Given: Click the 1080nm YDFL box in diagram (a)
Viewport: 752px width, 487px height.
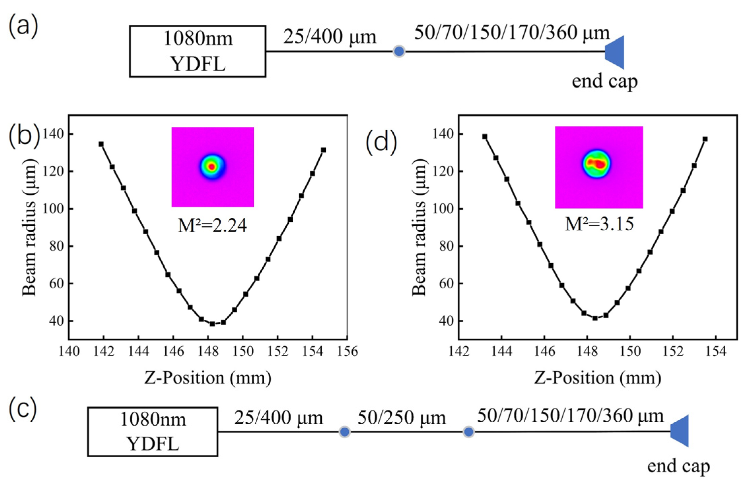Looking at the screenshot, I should (197, 51).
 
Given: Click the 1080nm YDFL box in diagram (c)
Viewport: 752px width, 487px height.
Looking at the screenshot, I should (152, 432).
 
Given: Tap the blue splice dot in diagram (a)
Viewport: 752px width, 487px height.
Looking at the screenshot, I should (399, 51).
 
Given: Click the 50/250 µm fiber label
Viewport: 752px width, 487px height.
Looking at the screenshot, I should (401, 418).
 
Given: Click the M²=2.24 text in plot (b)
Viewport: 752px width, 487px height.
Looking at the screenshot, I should (212, 226).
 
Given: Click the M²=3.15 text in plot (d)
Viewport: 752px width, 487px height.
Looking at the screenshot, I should (599, 224).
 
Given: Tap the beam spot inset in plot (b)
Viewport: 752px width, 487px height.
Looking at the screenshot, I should (213, 167).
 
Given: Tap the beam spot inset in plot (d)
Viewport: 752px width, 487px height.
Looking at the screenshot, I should (598, 167).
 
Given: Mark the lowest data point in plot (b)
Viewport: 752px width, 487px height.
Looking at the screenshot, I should (212, 324).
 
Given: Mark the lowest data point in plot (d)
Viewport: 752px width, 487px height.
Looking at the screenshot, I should (595, 318).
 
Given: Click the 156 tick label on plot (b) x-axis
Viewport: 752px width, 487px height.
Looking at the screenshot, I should (347, 352).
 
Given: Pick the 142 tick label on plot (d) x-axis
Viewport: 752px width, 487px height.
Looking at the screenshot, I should (458, 352).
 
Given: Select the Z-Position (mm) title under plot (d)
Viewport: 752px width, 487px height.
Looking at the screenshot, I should (597, 378).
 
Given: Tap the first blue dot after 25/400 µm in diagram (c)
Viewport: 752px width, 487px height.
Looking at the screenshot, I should (344, 432).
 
